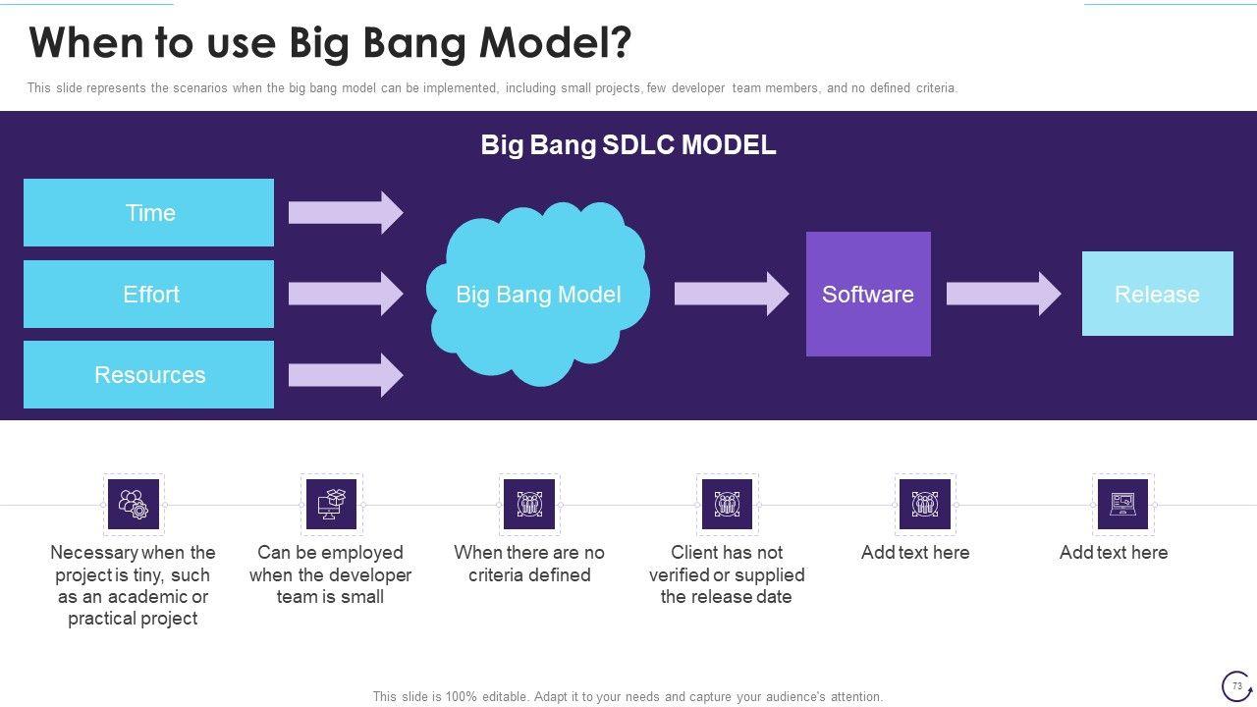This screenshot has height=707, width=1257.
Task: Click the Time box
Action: click(x=148, y=212)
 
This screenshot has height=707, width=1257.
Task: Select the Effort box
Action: click(x=148, y=294)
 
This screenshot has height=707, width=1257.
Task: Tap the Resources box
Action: click(x=148, y=374)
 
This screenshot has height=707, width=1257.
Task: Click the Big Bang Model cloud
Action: click(x=537, y=294)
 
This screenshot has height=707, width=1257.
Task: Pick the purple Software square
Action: click(x=868, y=294)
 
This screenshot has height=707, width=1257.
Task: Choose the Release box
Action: click(x=1157, y=294)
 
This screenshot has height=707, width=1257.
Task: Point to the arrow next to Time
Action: click(x=345, y=212)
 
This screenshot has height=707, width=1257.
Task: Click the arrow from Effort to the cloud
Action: click(x=345, y=294)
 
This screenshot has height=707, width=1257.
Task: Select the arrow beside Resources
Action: click(x=345, y=375)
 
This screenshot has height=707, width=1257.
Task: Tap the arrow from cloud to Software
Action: click(x=731, y=294)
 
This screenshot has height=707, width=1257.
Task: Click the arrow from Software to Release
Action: click(x=1003, y=294)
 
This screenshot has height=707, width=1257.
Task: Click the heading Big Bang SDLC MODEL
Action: click(x=628, y=145)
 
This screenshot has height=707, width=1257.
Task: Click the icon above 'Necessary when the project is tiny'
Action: click(x=133, y=504)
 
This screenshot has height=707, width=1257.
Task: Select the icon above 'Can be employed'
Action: click(x=331, y=504)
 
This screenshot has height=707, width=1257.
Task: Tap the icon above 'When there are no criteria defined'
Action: click(x=529, y=504)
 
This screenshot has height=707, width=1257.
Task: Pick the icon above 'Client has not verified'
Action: click(x=727, y=504)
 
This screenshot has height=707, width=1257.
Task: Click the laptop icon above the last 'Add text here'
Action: click(x=1122, y=504)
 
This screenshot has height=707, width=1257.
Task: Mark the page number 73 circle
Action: click(x=1236, y=685)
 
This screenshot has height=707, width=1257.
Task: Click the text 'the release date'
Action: click(x=726, y=597)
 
